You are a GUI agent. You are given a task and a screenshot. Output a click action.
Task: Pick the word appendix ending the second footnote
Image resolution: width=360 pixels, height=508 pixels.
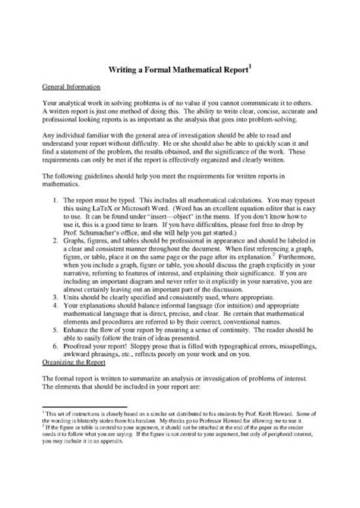[x=136, y=483]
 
